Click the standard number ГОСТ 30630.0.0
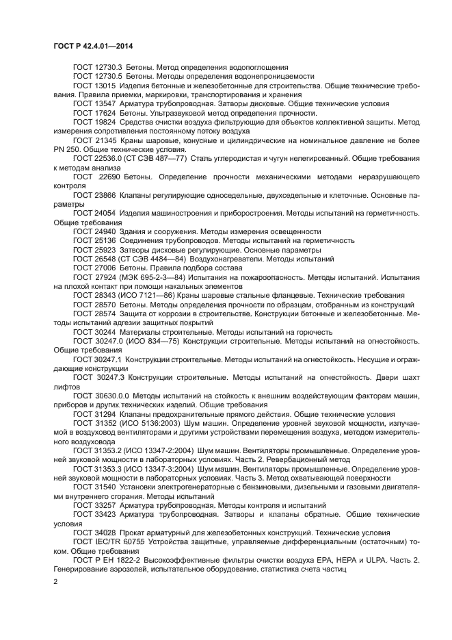pos(101,396)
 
